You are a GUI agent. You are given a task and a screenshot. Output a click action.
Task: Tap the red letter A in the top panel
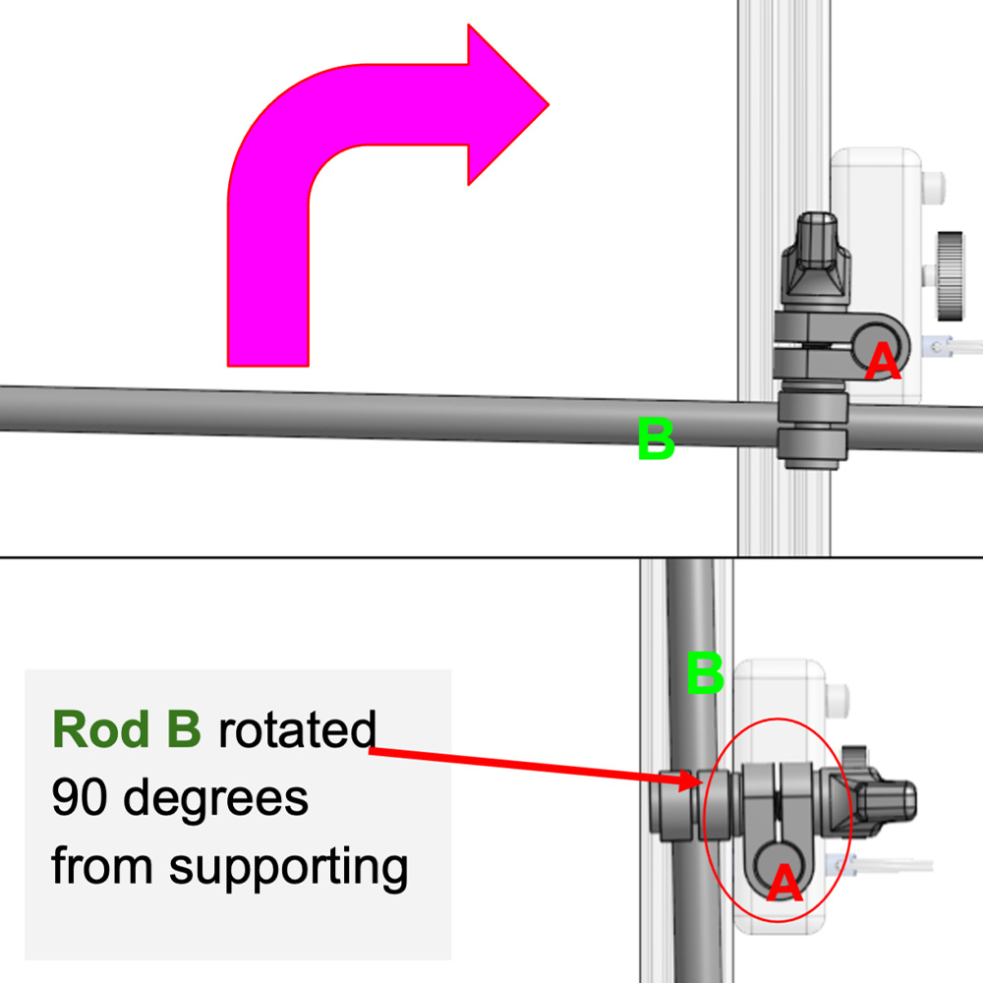882,363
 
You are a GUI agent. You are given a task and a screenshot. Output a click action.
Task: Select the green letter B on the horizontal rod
656,439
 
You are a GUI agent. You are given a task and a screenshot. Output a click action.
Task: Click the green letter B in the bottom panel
704,674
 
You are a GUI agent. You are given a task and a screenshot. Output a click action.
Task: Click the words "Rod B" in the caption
127,730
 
